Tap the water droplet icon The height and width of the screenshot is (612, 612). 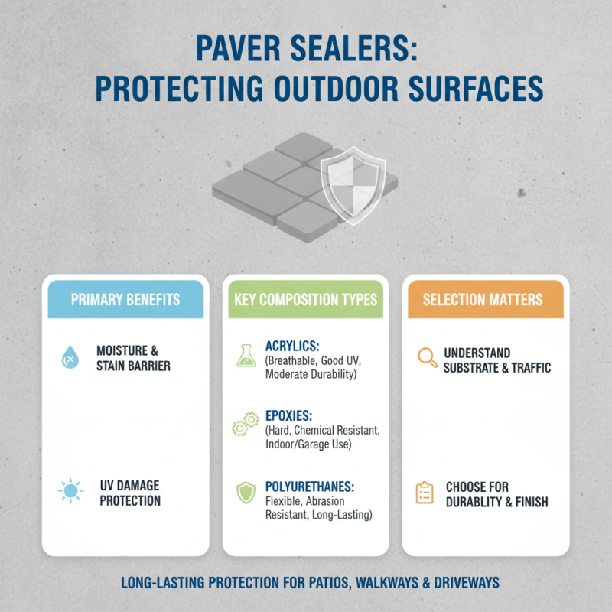(70, 357)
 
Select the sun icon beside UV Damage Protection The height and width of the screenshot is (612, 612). (70, 490)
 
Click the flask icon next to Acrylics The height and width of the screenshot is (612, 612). (245, 353)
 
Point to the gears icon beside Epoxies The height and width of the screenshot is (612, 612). (245, 423)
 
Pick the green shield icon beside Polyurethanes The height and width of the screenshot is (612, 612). (245, 493)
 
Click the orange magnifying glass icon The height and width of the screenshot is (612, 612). (426, 357)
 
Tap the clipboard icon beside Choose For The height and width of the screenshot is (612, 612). (425, 493)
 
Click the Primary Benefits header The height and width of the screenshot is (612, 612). (125, 299)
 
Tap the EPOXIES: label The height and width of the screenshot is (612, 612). (289, 416)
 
